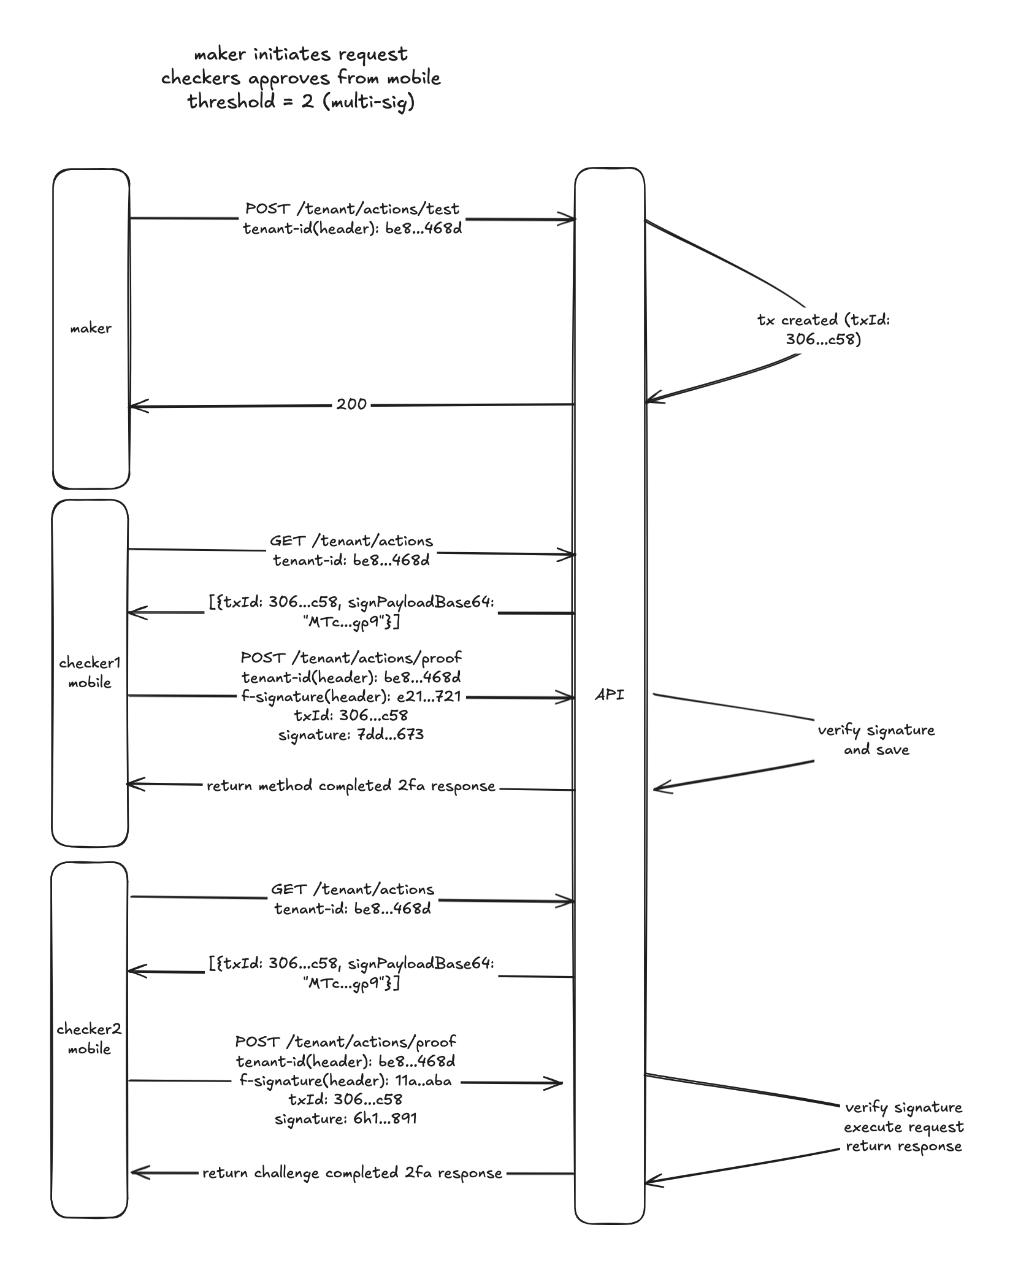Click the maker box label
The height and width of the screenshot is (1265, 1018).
tap(91, 328)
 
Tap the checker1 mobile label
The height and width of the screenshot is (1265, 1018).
tap(90, 672)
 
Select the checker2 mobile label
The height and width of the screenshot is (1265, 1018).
tap(89, 1039)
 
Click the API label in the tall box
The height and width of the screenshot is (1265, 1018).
tap(610, 695)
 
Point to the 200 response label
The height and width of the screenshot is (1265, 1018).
tap(351, 404)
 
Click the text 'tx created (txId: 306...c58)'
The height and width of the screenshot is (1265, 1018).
tap(823, 329)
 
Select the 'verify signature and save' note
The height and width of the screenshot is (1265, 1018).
tap(876, 739)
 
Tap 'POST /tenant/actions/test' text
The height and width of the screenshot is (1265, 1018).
tap(352, 209)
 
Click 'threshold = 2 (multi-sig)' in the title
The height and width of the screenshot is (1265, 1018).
tap(301, 101)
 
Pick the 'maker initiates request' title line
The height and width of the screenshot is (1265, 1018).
tap(301, 54)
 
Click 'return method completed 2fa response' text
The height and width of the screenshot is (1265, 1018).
tap(351, 786)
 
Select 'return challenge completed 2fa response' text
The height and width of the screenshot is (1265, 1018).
tap(352, 1173)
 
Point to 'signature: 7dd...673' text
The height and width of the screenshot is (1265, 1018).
tap(351, 734)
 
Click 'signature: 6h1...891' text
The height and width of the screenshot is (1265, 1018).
tap(346, 1118)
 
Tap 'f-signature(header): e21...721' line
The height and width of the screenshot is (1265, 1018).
tap(351, 696)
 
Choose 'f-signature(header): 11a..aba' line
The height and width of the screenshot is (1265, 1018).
tap(345, 1080)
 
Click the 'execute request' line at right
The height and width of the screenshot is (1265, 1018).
tap(903, 1126)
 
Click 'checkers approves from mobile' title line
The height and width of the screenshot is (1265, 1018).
tap(301, 78)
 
